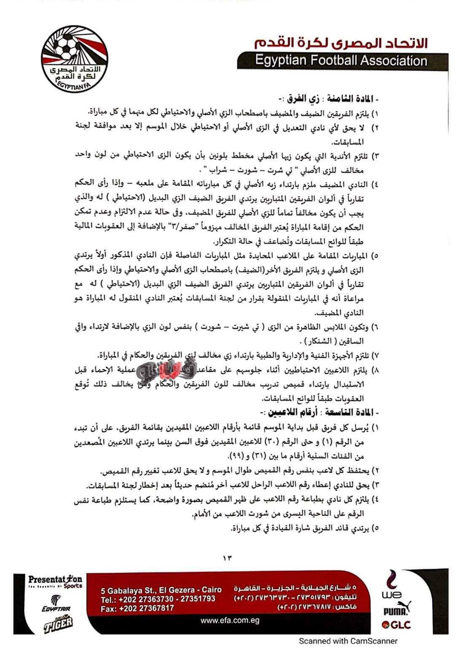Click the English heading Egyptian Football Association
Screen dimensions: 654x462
(x=341, y=61)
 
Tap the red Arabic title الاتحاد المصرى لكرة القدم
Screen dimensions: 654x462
(x=341, y=43)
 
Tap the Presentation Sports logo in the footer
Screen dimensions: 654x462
(x=55, y=582)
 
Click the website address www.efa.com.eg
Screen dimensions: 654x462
(x=230, y=620)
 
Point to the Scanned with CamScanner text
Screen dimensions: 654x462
(x=348, y=641)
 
